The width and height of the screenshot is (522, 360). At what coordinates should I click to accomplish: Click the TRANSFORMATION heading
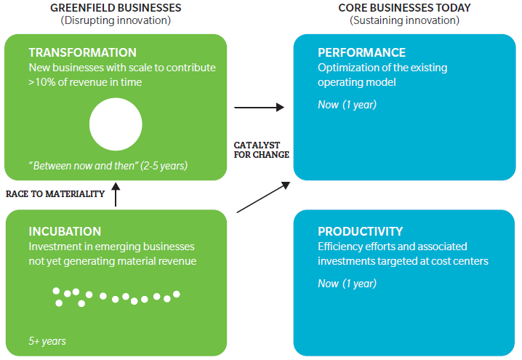(83, 52)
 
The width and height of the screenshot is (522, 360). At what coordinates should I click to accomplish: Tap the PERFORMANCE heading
(361, 52)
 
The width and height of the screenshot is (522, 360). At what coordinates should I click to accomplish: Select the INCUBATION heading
(65, 231)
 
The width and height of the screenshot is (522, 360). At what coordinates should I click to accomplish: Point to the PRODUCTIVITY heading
(360, 231)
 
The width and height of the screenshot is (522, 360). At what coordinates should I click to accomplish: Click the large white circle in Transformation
(116, 124)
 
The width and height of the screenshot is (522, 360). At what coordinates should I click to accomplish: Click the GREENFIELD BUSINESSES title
(116, 8)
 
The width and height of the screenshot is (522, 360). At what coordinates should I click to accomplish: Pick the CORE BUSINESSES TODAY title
(404, 8)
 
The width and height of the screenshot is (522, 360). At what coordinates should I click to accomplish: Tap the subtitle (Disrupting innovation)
(116, 20)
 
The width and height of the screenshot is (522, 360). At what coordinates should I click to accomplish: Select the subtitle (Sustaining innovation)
(404, 20)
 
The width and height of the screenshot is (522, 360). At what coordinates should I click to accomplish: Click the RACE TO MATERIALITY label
(55, 194)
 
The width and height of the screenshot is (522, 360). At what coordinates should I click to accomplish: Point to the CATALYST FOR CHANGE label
(261, 150)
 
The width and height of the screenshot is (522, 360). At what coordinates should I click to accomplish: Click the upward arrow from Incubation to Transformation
(116, 194)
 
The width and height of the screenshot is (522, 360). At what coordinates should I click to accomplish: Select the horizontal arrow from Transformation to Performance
(260, 107)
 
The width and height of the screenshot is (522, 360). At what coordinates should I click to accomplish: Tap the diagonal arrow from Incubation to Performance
(263, 197)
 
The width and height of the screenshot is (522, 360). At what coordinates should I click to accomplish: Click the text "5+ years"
(47, 341)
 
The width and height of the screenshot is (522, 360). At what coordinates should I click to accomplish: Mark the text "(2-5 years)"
(164, 166)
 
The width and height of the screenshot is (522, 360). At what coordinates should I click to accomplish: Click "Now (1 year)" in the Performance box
(348, 105)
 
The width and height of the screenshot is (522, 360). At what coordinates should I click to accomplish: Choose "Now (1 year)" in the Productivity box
(348, 284)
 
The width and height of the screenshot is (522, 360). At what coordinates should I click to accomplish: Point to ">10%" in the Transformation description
(42, 82)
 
